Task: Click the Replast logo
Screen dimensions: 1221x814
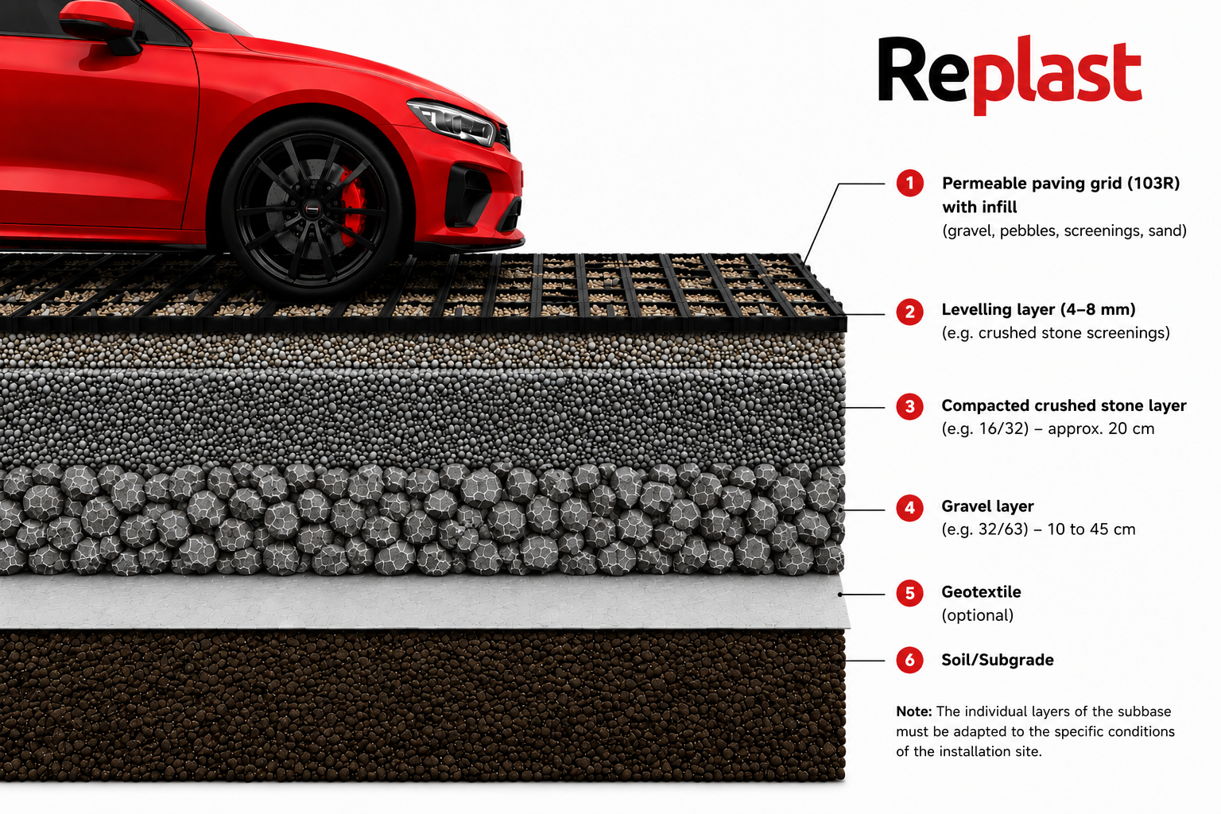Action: tap(1010, 76)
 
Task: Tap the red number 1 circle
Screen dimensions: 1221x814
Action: tap(909, 183)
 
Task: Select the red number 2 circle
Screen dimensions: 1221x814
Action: tap(909, 312)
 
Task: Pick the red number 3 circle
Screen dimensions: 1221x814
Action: tap(909, 407)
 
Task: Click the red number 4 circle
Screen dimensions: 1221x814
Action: tap(909, 508)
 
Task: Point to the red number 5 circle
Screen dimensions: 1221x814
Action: tap(909, 593)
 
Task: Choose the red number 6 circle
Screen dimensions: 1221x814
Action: tap(909, 661)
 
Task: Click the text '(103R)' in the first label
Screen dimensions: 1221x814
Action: tap(1153, 183)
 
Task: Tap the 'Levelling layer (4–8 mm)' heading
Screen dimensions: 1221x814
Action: tap(1038, 310)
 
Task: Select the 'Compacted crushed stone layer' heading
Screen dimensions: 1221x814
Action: tap(1064, 405)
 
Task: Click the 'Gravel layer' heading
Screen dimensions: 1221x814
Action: tap(988, 506)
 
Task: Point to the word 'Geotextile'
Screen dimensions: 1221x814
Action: tap(981, 591)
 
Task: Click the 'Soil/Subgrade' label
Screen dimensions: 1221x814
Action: tap(998, 661)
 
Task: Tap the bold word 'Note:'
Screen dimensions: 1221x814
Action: tap(914, 711)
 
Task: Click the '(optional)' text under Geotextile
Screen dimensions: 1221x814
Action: tap(978, 615)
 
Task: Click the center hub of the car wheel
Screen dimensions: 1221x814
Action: tap(312, 208)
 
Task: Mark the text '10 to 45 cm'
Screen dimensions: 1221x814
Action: tap(1091, 529)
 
